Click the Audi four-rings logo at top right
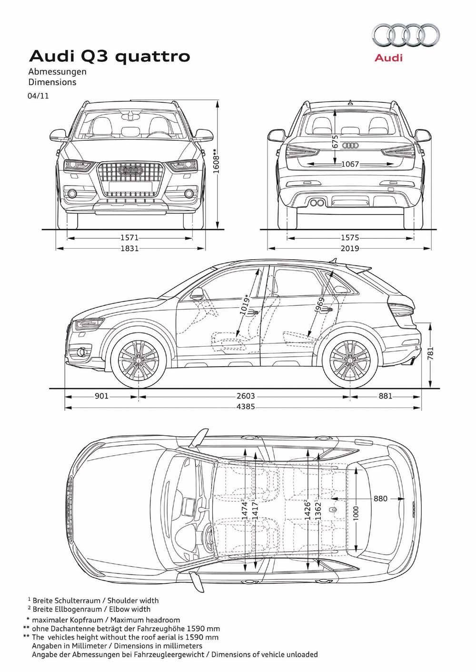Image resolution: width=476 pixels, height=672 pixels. tap(406, 36)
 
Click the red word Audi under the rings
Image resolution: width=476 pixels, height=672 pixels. tap(389, 58)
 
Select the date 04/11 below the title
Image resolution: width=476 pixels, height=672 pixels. tap(39, 96)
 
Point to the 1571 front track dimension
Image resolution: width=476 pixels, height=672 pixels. tap(129, 238)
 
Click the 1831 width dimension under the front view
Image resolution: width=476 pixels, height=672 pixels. tap(130, 248)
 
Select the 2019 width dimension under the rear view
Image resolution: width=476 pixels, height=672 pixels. tap(350, 248)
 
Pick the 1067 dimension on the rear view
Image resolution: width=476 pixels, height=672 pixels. tap(350, 164)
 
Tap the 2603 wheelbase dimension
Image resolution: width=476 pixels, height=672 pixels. tap(246, 396)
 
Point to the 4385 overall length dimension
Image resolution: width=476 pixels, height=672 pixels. tap(246, 407)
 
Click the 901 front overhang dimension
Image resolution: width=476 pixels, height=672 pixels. tap(101, 396)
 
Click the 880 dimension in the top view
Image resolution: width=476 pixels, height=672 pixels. tap(380, 498)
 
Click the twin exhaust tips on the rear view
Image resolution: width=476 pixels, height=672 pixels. tap(317, 203)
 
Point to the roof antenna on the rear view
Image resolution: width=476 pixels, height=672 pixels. tap(350, 103)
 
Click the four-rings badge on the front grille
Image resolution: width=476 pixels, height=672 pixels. tap(130, 170)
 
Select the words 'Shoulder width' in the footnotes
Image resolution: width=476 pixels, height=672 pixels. tap(133, 601)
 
